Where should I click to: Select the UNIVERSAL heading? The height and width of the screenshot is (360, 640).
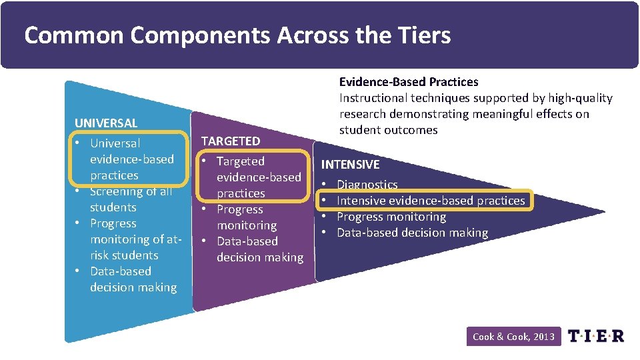[106, 123]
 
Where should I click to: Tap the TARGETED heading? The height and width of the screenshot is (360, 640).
[231, 141]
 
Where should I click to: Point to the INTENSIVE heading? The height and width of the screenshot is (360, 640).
[351, 164]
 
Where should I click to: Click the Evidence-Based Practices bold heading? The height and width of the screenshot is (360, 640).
[409, 81]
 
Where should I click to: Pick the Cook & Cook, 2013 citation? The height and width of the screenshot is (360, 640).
[513, 337]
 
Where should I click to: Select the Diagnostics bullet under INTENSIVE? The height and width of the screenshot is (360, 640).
[367, 184]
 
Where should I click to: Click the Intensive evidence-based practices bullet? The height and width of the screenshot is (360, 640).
[431, 200]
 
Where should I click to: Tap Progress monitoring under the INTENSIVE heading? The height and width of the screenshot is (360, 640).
[391, 217]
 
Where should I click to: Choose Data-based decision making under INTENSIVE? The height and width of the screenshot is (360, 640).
[412, 233]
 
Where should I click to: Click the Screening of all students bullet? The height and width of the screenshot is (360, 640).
[131, 199]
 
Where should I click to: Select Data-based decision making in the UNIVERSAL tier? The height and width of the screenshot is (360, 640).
[133, 279]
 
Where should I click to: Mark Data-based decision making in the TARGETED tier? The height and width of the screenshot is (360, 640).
[259, 249]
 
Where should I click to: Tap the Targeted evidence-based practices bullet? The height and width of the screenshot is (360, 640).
[259, 177]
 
